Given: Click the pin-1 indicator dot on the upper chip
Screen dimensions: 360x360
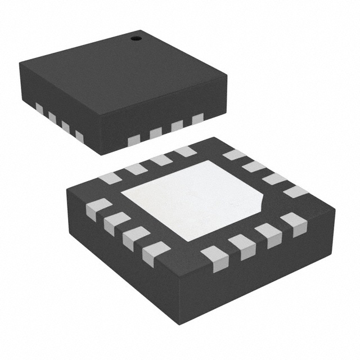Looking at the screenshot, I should pyautogui.click(x=135, y=38).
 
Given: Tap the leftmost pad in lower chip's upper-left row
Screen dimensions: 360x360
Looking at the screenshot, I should pyautogui.click(x=110, y=178).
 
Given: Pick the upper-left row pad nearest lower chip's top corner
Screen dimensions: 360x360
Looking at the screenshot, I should pyautogui.click(x=185, y=151).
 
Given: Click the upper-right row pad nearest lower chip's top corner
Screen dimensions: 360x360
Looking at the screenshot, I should pyautogui.click(x=234, y=155).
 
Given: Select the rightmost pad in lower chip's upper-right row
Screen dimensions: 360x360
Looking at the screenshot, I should pyautogui.click(x=295, y=192).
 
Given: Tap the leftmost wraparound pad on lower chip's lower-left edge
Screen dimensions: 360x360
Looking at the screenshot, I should pyautogui.click(x=98, y=209).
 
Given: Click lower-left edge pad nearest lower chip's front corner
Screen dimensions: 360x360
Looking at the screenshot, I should pyautogui.click(x=156, y=254).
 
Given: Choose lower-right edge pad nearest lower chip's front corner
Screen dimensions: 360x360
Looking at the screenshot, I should pyautogui.click(x=215, y=259).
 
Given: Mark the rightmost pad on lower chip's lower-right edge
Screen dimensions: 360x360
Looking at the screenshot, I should pyautogui.click(x=294, y=224).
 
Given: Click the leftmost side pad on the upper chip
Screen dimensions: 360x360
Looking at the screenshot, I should pyautogui.click(x=39, y=107).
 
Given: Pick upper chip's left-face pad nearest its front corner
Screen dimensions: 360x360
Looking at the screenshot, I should pyautogui.click(x=79, y=137).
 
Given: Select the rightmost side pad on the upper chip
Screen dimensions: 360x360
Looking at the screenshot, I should pyautogui.click(x=197, y=119).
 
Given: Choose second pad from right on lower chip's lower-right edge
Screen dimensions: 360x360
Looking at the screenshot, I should pyautogui.click(x=268, y=235).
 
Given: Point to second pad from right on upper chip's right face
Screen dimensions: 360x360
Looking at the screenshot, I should pyautogui.click(x=177, y=126).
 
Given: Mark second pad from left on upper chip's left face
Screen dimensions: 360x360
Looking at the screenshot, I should pyautogui.click(x=52, y=117).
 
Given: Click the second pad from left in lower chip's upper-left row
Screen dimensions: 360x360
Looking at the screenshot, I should pyautogui.click(x=136, y=169).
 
